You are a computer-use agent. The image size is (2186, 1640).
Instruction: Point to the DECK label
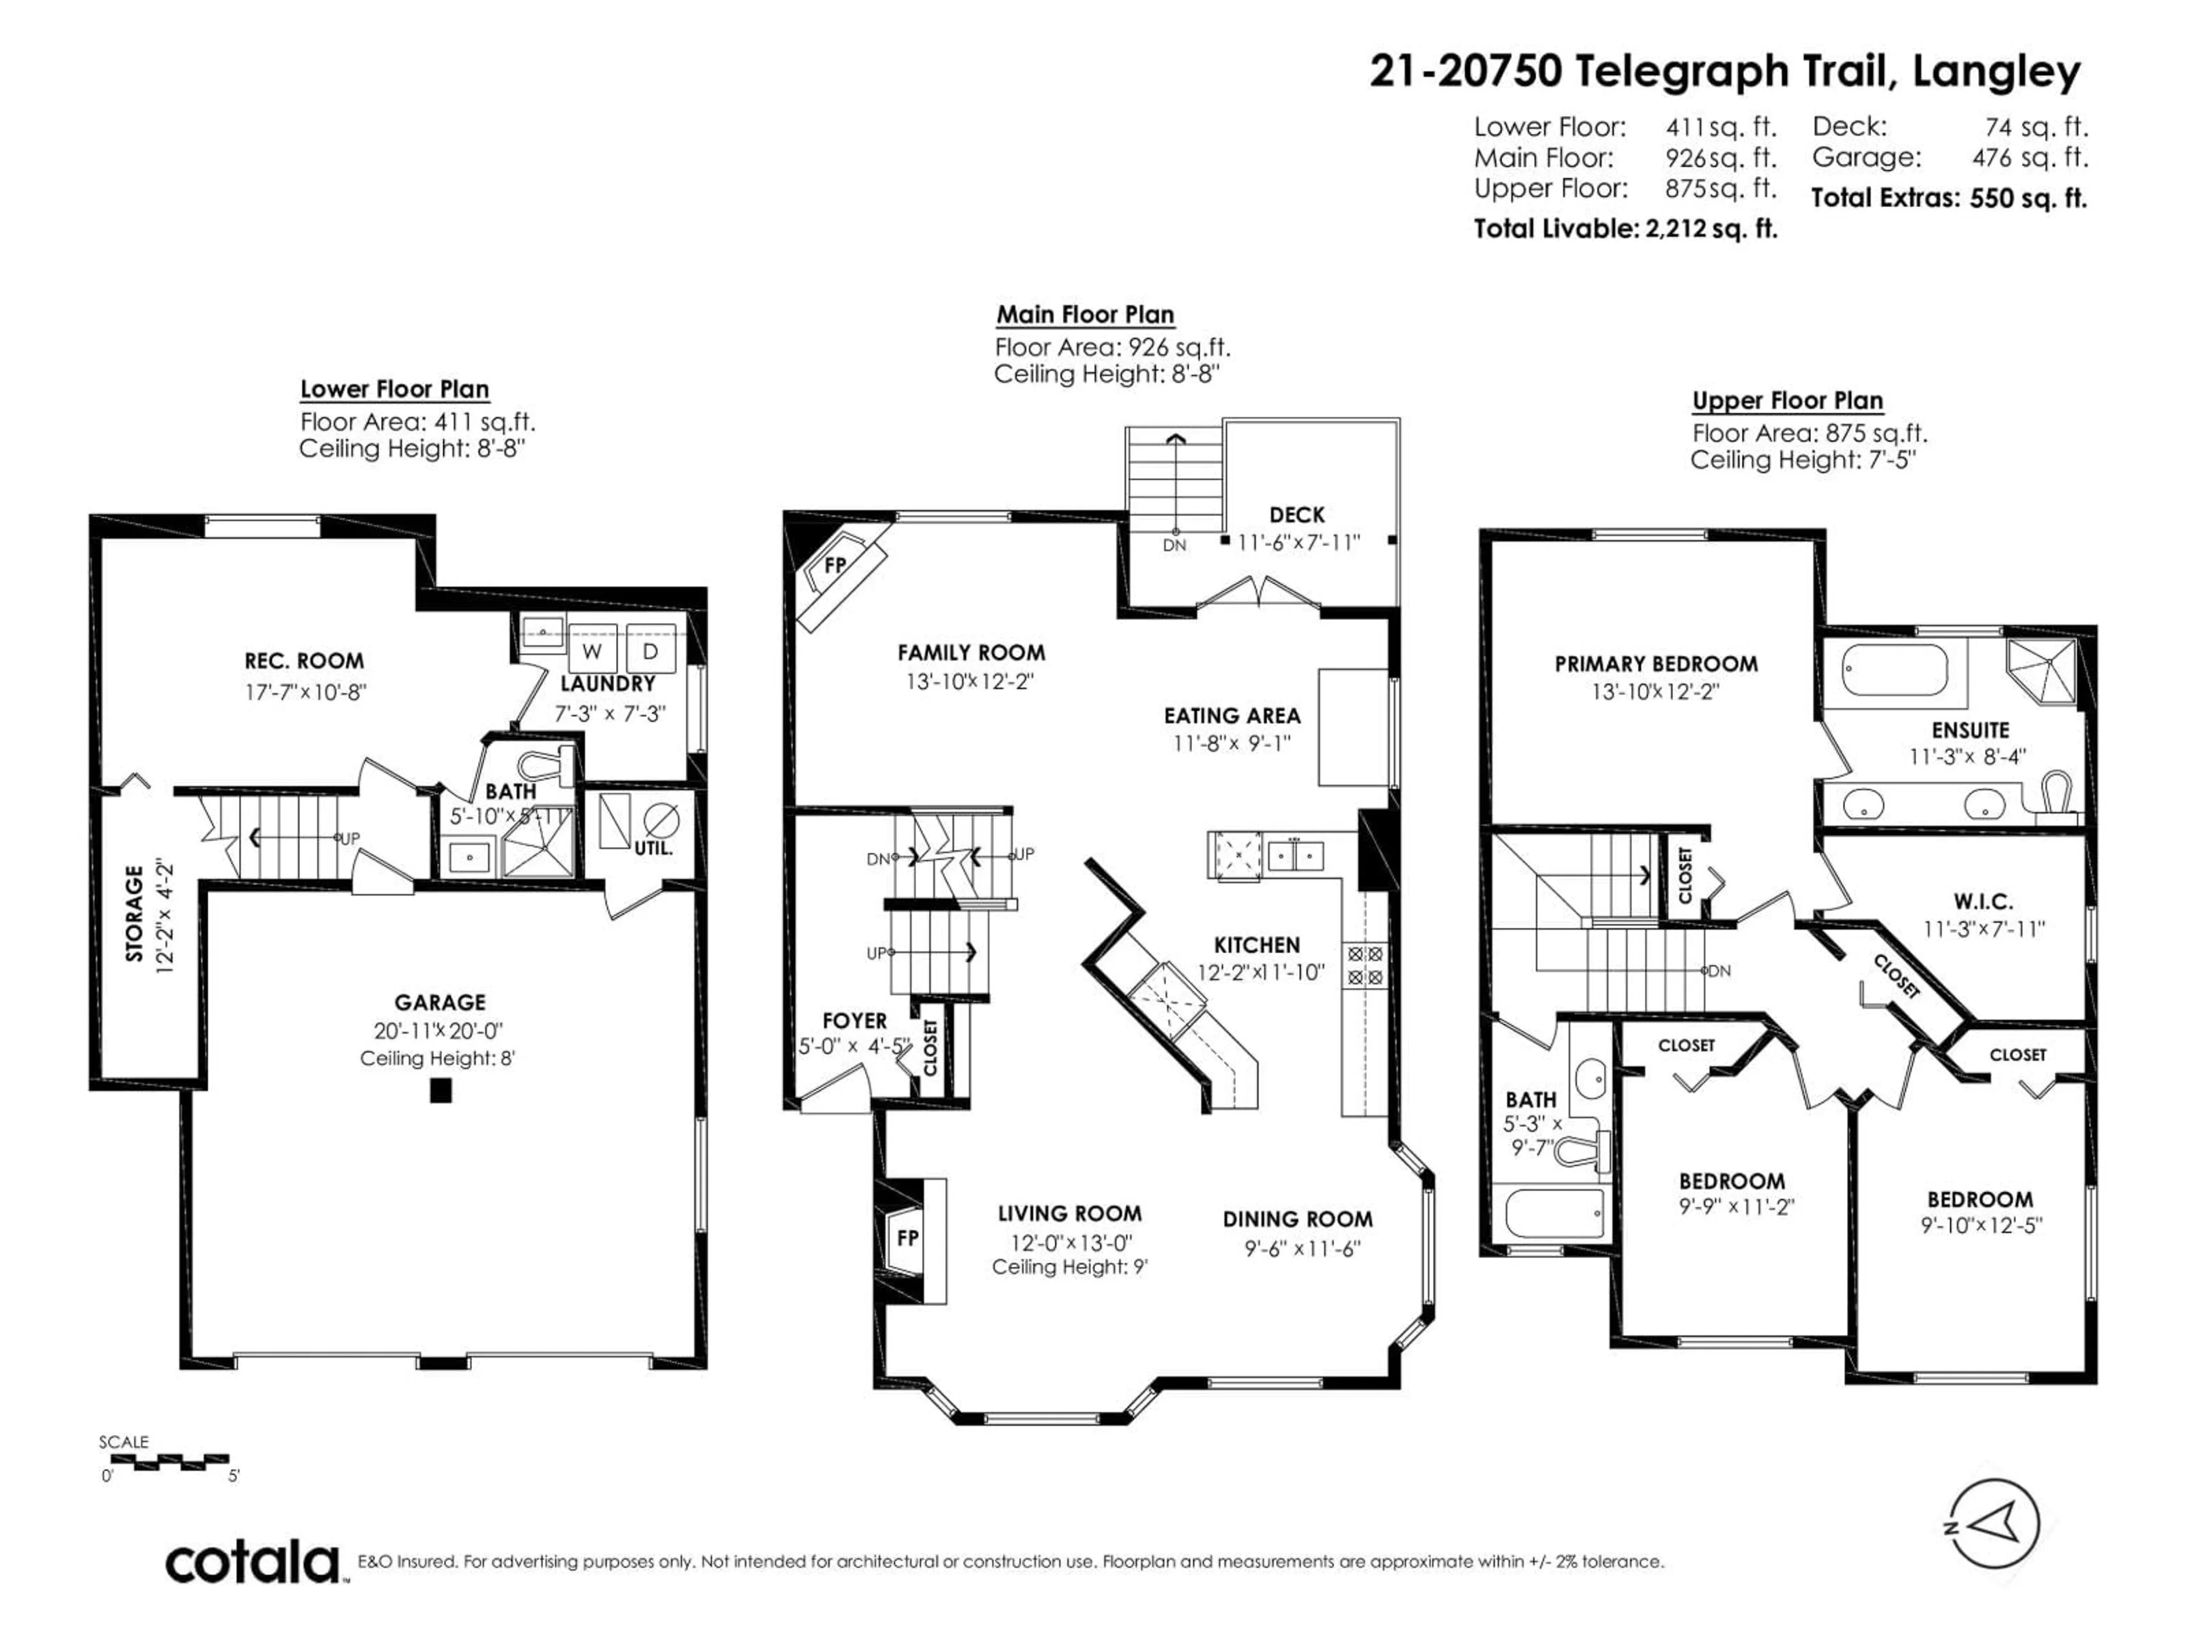(x=1297, y=515)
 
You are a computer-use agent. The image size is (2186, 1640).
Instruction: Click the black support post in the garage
(x=441, y=1090)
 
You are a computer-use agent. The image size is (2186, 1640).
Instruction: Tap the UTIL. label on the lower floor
(x=653, y=847)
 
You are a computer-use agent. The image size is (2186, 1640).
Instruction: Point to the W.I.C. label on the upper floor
(x=1982, y=901)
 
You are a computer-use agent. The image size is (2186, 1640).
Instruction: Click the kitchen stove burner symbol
(x=1365, y=966)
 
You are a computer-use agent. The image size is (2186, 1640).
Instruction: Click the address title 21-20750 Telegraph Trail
(x=1724, y=71)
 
